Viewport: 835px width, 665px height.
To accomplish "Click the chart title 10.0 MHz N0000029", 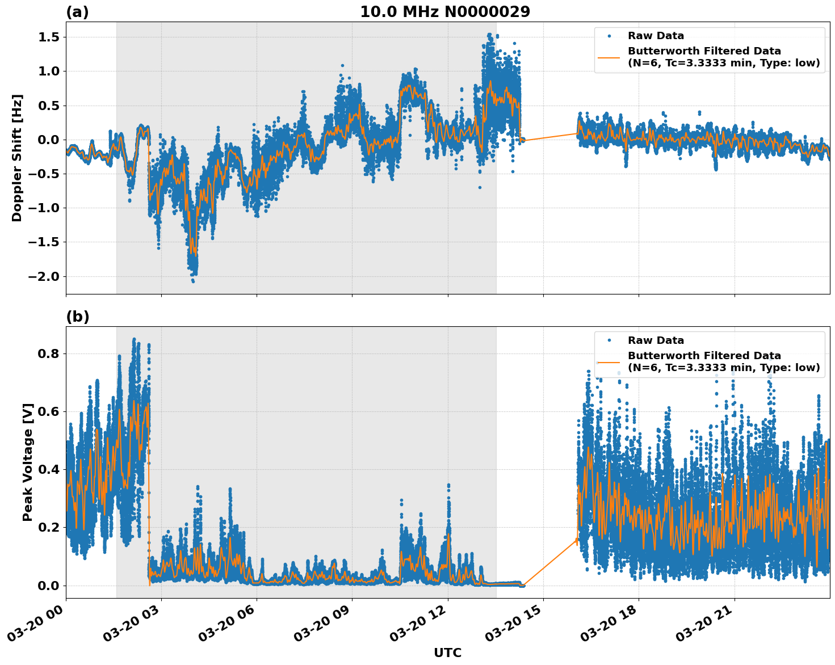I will pyautogui.click(x=444, y=12).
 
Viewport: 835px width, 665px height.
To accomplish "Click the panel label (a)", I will pyautogui.click(x=77, y=12).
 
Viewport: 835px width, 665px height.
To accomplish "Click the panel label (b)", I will pyautogui.click(x=77, y=317).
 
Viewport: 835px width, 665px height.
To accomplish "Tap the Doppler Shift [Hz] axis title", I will pyautogui.click(x=17, y=158).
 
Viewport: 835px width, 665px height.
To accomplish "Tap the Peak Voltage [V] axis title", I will pyautogui.click(x=28, y=462).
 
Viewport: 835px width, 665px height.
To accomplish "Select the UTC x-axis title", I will pyautogui.click(x=447, y=653).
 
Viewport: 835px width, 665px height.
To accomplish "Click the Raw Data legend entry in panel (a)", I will pyautogui.click(x=656, y=36).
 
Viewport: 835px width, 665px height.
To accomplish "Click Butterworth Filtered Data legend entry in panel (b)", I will pyautogui.click(x=723, y=361).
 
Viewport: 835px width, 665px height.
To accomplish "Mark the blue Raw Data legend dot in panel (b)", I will pyautogui.click(x=609, y=340).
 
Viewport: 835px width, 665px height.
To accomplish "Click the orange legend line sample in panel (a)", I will pyautogui.click(x=609, y=57).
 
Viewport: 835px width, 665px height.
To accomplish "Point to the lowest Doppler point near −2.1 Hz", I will pyautogui.click(x=193, y=281).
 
